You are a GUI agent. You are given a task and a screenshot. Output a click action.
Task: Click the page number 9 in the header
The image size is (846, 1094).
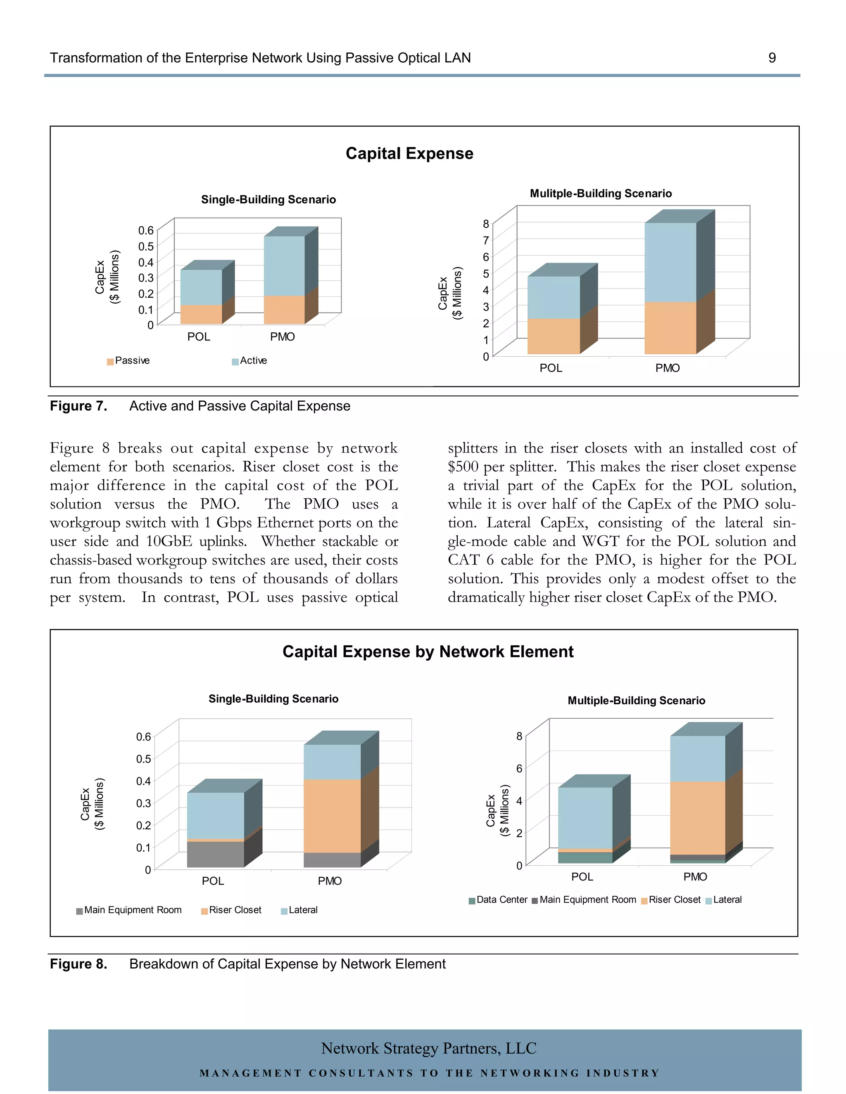point(772,58)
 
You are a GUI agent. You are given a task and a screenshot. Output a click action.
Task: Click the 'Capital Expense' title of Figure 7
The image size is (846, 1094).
point(409,153)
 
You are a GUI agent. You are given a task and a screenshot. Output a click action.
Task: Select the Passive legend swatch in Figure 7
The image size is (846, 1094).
point(110,362)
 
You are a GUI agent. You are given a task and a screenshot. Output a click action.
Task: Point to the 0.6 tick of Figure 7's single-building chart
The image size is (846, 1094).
point(146,230)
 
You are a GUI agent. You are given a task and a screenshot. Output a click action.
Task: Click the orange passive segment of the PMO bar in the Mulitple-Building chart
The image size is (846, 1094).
point(670,328)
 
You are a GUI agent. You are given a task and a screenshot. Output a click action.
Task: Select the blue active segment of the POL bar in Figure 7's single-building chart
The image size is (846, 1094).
point(201,287)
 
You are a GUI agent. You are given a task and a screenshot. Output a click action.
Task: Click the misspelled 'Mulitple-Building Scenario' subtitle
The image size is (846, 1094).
point(600,193)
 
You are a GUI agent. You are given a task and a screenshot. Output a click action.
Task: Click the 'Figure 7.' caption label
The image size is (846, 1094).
point(78,406)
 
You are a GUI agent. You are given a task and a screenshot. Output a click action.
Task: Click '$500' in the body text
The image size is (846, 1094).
point(463,467)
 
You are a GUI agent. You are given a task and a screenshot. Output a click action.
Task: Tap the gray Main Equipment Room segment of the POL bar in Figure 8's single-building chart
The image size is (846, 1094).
point(216,855)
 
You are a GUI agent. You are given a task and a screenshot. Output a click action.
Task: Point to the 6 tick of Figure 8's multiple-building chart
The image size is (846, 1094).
point(519,768)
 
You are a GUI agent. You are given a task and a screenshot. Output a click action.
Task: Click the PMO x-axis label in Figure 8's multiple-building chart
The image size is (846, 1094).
point(695,876)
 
